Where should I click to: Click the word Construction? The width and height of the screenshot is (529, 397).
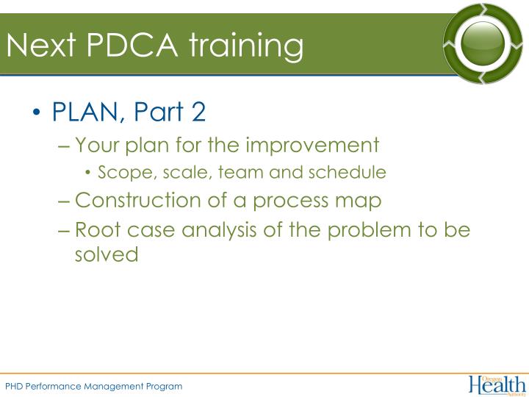pyautogui.click(x=137, y=200)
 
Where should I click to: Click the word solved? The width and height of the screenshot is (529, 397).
pyautogui.click(x=107, y=254)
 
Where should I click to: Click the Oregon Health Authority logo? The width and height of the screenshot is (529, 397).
pyautogui.click(x=497, y=384)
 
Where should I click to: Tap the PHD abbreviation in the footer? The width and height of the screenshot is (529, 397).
pyautogui.click(x=15, y=386)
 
